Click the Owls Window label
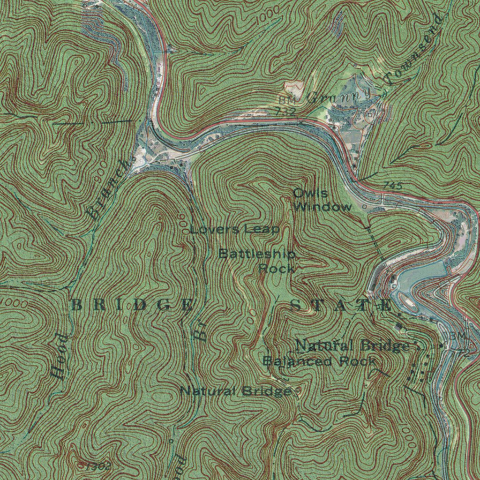click(322, 200)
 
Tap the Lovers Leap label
click(235, 229)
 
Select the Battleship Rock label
click(258, 261)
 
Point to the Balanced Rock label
click(319, 361)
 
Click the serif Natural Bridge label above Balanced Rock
click(352, 346)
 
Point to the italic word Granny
click(339, 97)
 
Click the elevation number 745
click(392, 186)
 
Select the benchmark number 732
click(285, 112)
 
